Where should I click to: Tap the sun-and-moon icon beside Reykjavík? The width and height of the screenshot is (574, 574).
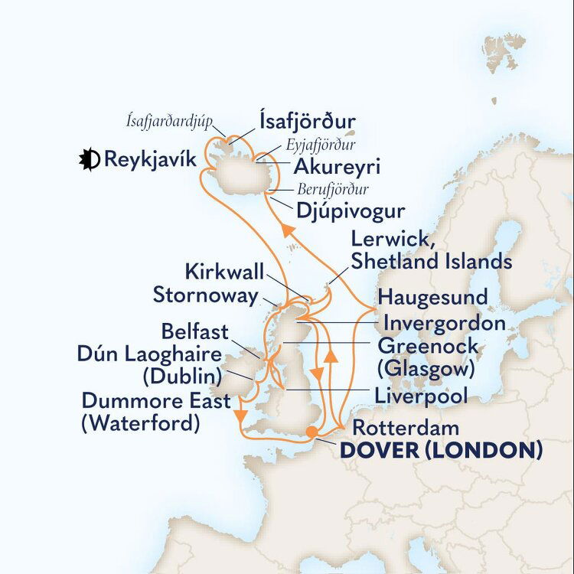tap(90, 160)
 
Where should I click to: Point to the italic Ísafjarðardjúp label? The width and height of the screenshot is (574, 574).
tap(170, 120)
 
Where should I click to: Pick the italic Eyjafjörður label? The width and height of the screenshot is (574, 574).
tap(321, 145)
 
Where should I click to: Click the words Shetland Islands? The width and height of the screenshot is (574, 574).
tap(432, 261)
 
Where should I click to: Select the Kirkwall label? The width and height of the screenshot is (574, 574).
tap(224, 272)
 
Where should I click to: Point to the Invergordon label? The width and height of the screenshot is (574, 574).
tap(445, 322)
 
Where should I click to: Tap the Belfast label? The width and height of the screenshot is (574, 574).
tap(195, 331)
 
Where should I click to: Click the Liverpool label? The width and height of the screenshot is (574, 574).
tap(421, 395)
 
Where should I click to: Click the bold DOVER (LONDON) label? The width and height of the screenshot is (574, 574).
tap(441, 451)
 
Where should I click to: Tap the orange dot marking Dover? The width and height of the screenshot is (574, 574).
tap(311, 432)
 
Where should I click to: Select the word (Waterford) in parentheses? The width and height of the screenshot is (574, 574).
tap(140, 423)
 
